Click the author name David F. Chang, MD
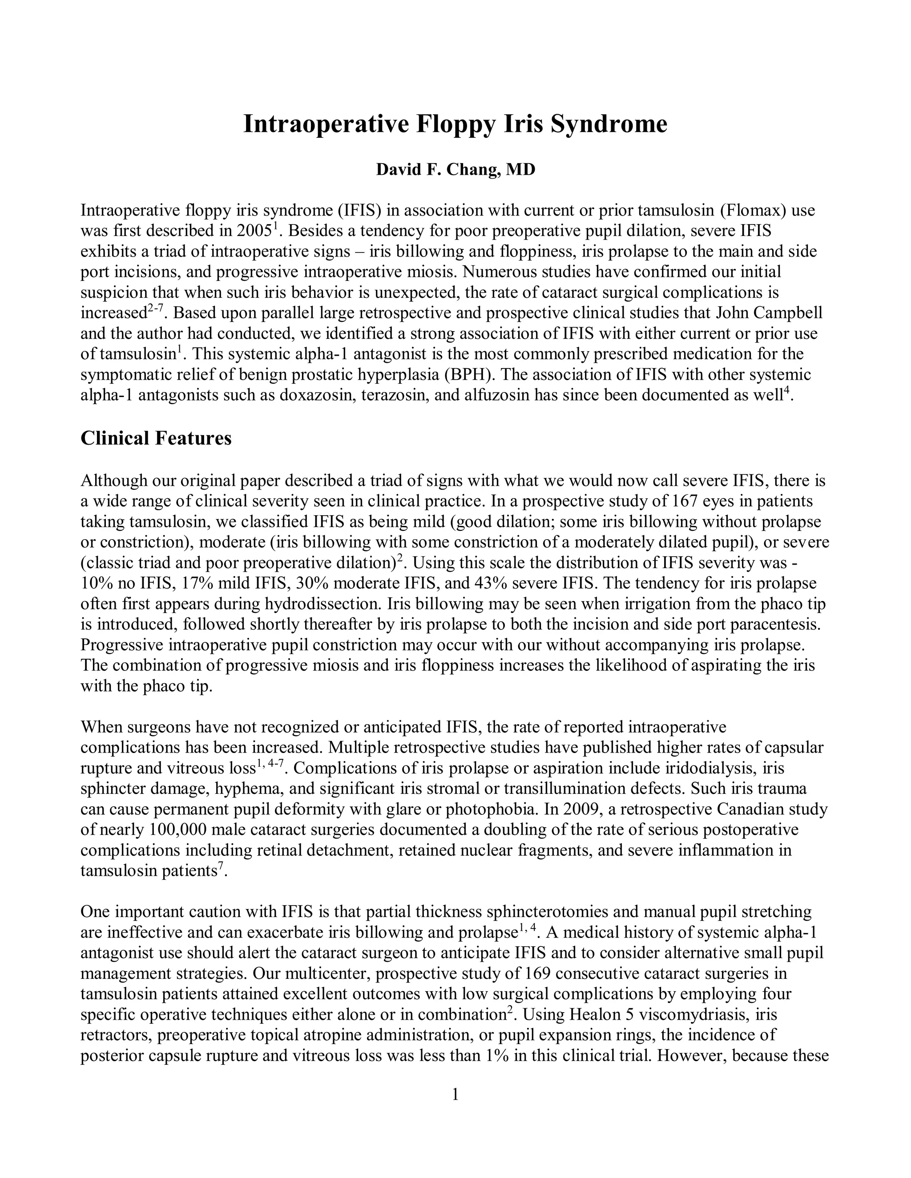[x=455, y=169]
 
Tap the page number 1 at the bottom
[x=455, y=1094]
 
